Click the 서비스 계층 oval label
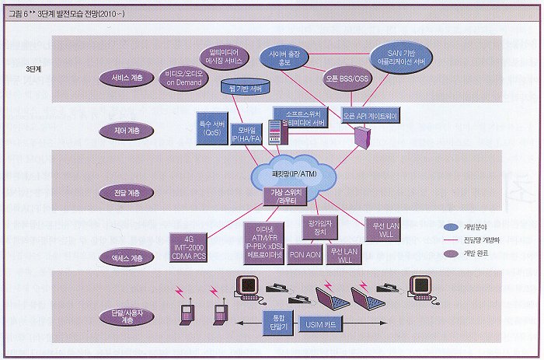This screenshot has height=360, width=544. [x=126, y=78]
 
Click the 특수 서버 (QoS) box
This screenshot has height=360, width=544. [x=209, y=127]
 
